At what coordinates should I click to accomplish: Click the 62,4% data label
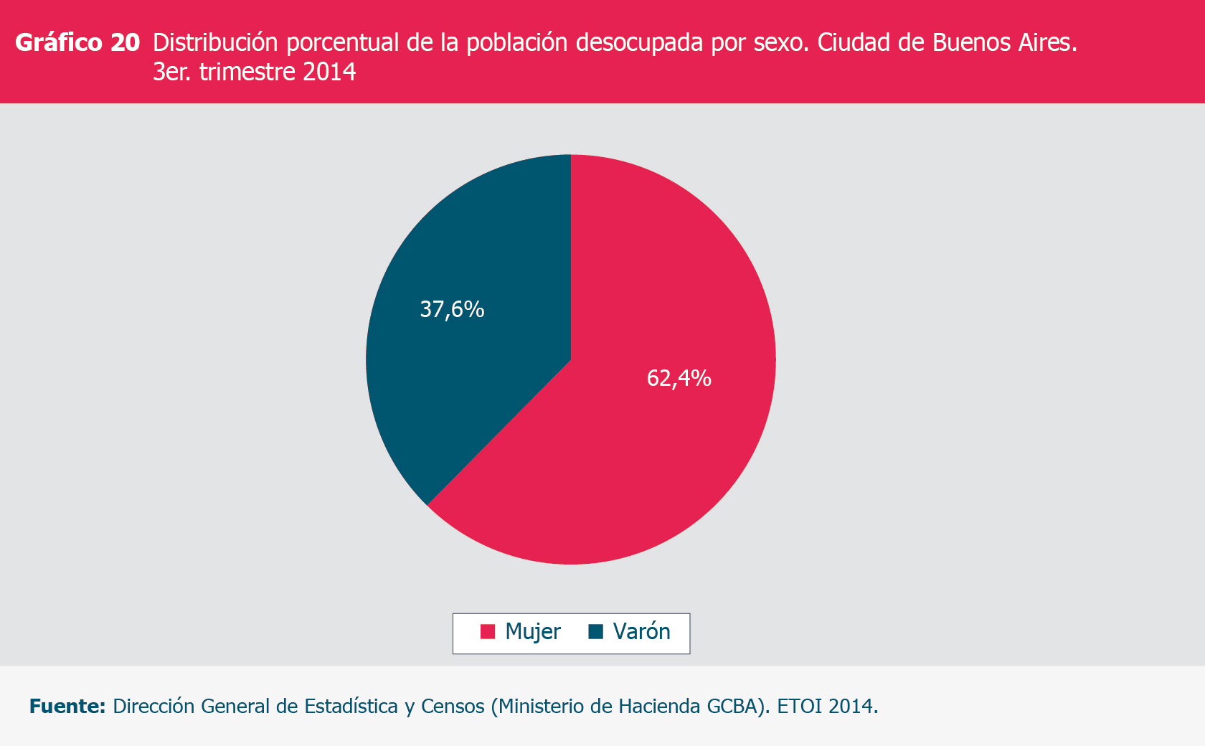(679, 378)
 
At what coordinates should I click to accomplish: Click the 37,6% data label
(452, 309)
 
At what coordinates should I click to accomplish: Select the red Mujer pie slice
(646, 466)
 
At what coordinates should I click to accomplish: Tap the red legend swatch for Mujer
(488, 632)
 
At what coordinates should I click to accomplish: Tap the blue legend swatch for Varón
(595, 632)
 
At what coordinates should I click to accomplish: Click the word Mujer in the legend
(533, 632)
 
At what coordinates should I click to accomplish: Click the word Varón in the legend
(642, 632)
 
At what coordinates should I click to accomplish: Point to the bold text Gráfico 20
(77, 43)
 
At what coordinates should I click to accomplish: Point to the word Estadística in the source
(351, 707)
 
